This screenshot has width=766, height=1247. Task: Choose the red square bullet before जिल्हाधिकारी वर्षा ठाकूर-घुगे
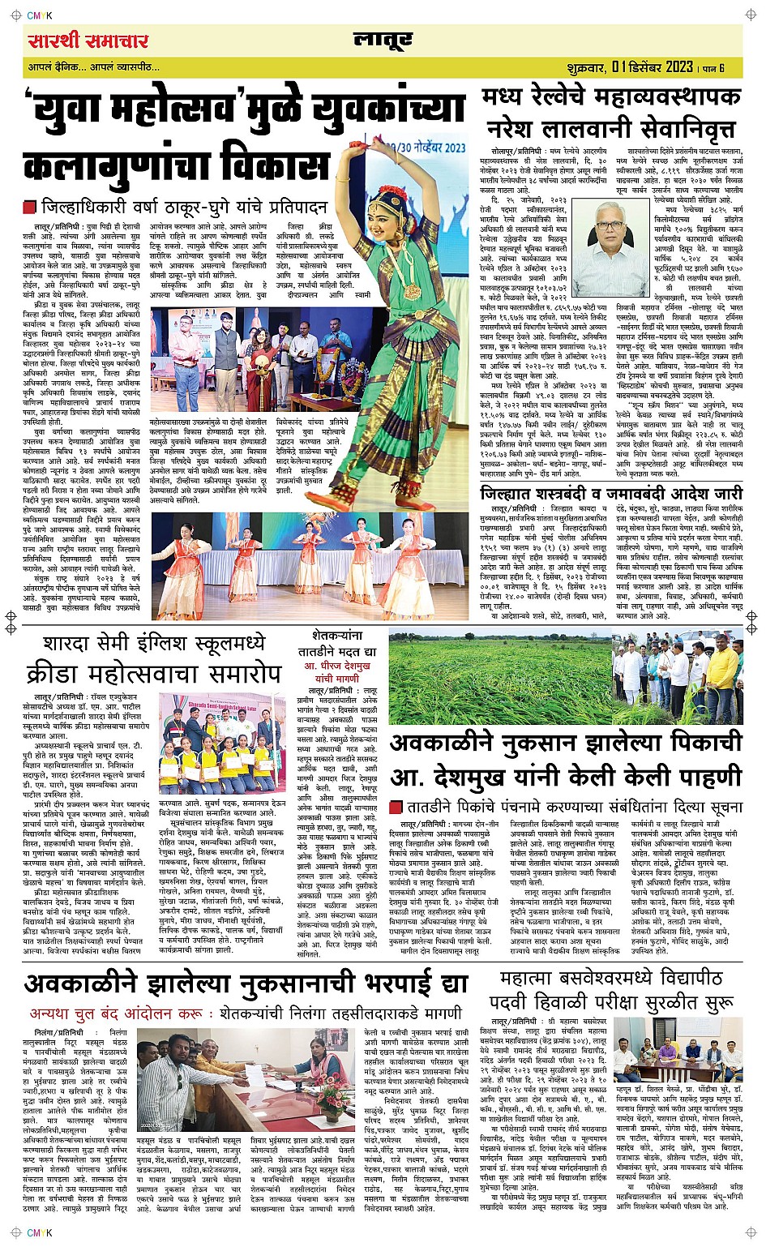pos(30,207)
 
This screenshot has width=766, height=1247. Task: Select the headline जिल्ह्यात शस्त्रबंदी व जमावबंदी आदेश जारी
pos(610,494)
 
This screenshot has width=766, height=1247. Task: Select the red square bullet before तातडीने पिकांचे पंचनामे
pos(396,808)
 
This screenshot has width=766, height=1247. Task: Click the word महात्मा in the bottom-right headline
pos(535,978)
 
